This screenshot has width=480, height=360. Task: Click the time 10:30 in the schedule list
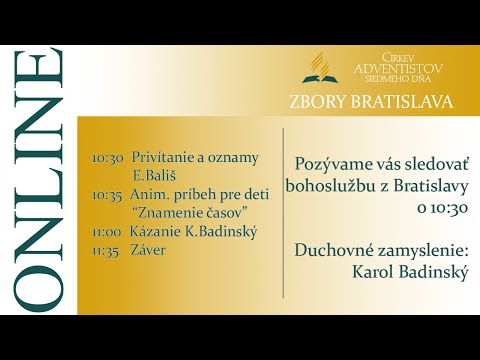(107, 158)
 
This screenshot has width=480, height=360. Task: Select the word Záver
(149, 250)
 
